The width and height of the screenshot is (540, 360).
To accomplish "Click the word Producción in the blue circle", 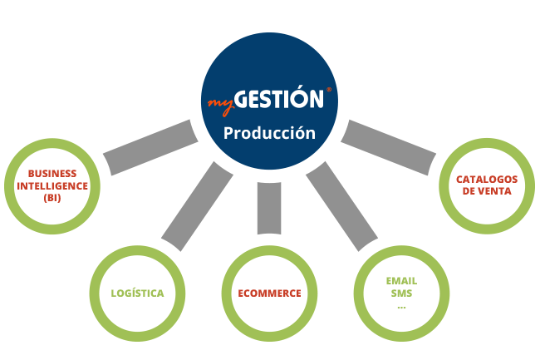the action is coord(269,133).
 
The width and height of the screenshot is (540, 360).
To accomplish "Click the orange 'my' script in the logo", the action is coord(221,106).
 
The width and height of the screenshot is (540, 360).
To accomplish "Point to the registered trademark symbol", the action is coord(328,90).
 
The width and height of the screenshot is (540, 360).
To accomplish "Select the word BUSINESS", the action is coord(52,173).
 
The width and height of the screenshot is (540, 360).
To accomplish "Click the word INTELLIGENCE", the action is coord(52,186).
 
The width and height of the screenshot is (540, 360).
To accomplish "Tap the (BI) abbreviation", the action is coord(52,198).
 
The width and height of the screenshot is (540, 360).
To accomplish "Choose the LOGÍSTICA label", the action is coord(137,293).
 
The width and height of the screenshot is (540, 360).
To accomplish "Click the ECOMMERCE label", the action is coord(270,293).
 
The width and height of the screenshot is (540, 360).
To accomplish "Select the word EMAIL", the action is coord(401,281).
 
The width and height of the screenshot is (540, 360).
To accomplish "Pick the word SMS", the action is coord(401,293).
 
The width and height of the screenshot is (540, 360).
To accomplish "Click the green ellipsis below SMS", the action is coord(401,307).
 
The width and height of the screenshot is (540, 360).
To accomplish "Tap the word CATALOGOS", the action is coord(487,180).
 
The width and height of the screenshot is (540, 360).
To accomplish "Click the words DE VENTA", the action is coord(487,191).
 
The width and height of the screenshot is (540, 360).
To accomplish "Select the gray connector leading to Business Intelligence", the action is coord(151,147).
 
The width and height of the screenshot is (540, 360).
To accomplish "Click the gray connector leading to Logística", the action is coord(198,206).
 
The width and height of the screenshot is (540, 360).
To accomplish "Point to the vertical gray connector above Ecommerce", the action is coord(269,209).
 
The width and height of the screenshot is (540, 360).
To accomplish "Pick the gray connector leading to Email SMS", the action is coord(341,206).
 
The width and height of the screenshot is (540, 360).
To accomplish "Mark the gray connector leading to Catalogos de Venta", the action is coord(389,147).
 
